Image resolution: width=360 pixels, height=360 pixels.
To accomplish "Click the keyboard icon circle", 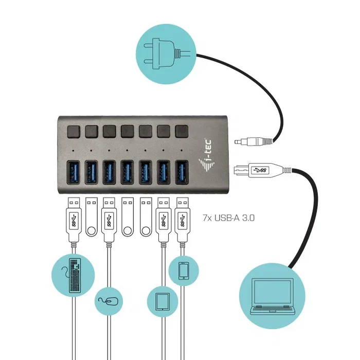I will coord(74,276).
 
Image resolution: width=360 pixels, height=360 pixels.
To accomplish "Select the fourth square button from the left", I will coord(127,131).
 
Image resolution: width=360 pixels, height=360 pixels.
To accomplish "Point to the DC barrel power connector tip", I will coord(238,141).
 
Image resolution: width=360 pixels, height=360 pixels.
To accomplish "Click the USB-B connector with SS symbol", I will coord(256,170).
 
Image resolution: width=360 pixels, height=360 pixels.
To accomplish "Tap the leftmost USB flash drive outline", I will coord(91,216).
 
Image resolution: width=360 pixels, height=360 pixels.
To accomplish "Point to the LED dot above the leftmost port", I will coord(73,151).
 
